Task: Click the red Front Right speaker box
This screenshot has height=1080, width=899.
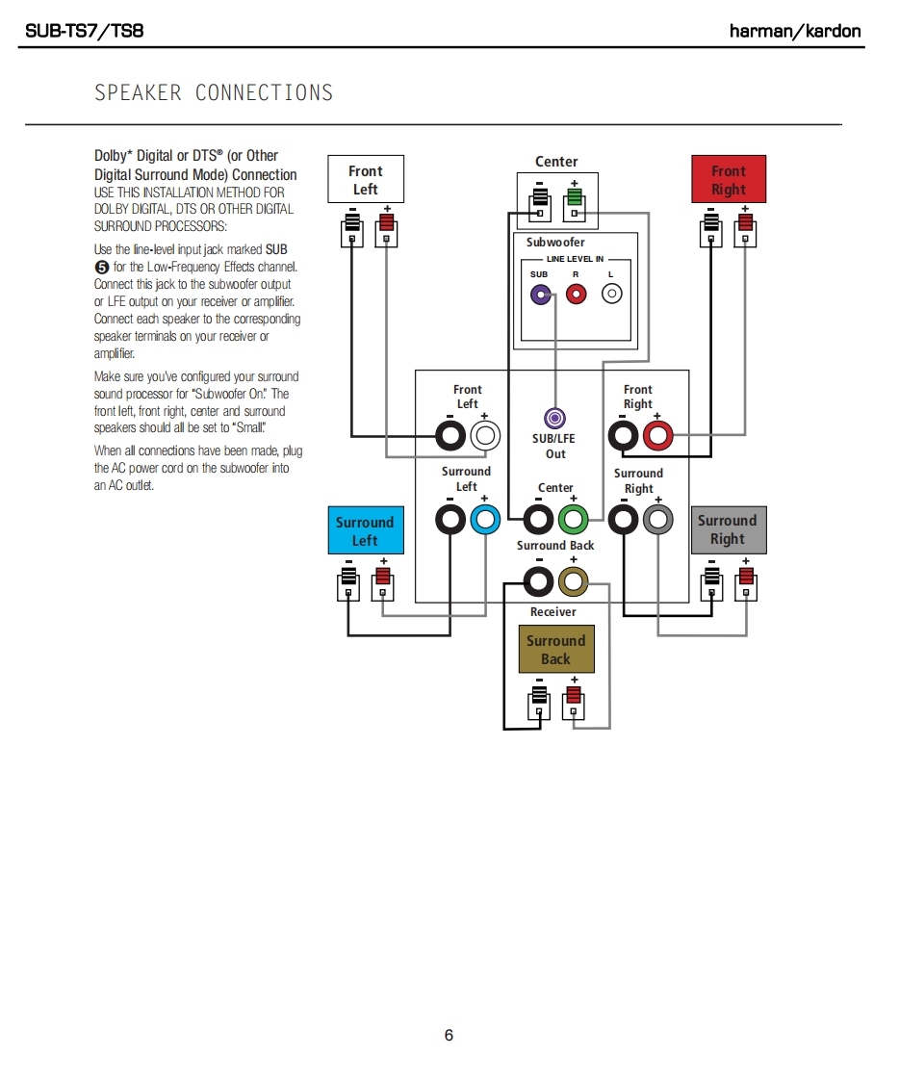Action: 729,180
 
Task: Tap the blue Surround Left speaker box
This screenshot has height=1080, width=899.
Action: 365,530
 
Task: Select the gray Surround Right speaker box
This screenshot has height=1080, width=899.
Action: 728,529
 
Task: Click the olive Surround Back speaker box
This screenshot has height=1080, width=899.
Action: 555,650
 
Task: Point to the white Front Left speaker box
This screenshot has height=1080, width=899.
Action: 365,180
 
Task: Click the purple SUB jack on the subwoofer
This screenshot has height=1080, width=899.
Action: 541,295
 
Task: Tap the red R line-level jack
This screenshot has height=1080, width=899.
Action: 576,295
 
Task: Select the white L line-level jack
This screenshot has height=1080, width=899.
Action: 611,295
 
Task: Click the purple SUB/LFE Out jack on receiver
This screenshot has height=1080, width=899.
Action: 555,419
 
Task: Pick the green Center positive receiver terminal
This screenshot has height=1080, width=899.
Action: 574,520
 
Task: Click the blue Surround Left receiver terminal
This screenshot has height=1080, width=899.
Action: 485,520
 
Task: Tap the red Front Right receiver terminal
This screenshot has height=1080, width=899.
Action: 658,436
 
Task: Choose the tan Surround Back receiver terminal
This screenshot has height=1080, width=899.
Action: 574,580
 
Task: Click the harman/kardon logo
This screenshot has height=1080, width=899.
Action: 795,31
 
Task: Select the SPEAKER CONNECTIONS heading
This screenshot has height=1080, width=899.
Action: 214,93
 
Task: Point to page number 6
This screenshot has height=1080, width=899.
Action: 449,1036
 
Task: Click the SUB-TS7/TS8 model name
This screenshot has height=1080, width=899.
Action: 84,31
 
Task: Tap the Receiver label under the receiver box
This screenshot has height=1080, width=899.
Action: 553,612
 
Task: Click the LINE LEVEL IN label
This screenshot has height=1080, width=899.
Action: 576,259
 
